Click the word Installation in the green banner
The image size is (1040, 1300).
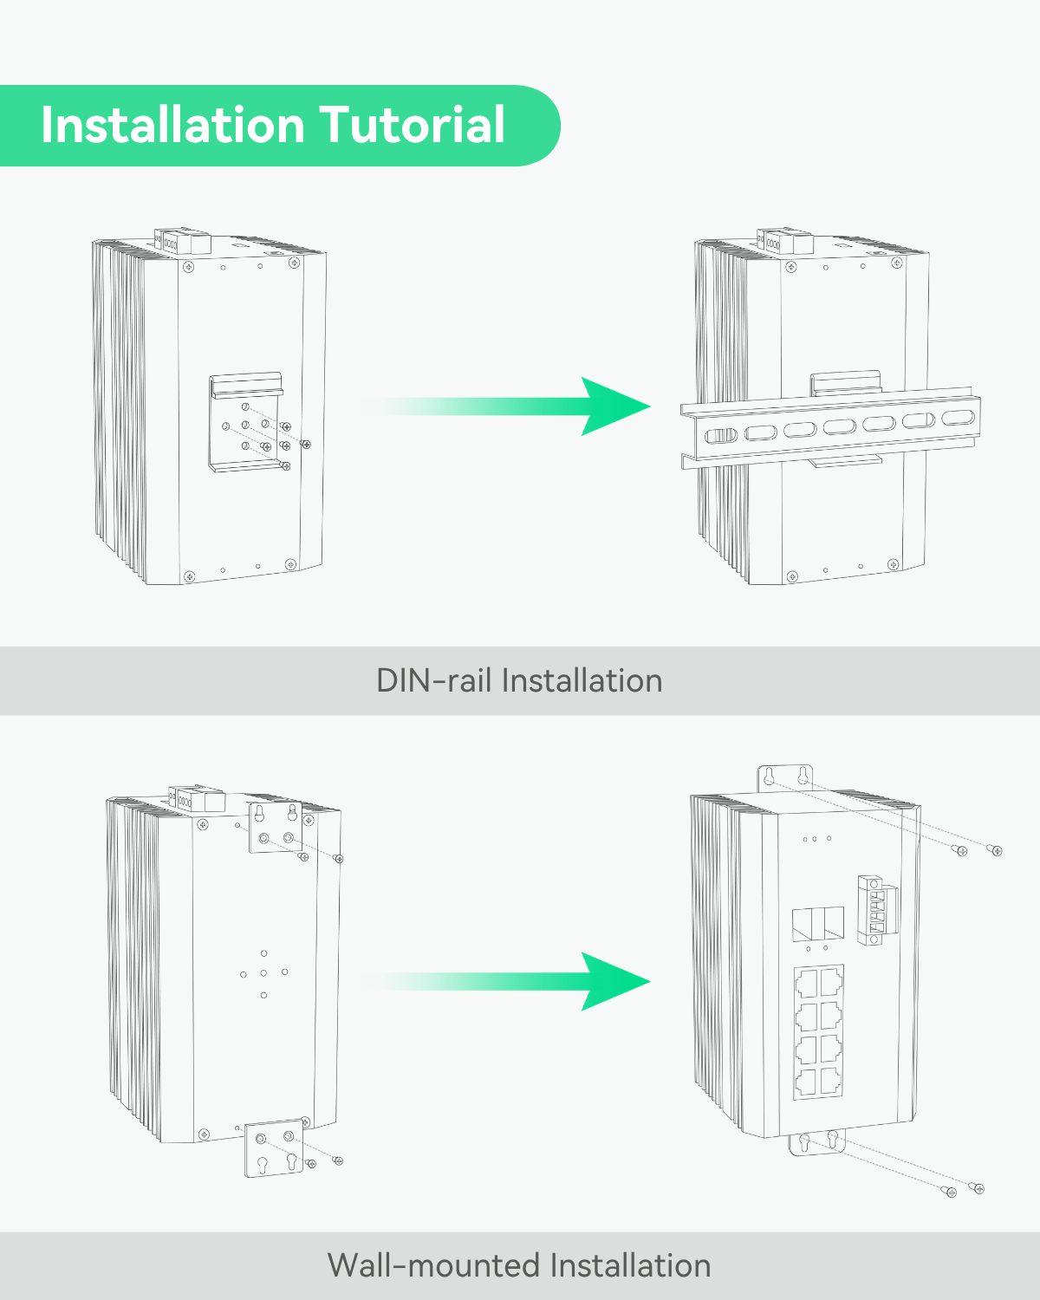[x=173, y=125]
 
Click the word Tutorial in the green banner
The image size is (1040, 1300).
[x=413, y=125]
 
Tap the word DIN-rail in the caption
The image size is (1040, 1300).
[x=434, y=681]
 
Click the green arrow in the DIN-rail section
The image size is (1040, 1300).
[x=520, y=406]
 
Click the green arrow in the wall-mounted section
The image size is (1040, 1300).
[x=520, y=981]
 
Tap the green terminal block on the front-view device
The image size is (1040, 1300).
[x=876, y=910]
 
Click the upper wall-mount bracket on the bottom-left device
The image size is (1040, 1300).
[x=276, y=828]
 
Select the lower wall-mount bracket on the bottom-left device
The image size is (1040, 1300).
[x=275, y=1148]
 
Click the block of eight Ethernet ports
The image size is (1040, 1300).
[x=818, y=1031]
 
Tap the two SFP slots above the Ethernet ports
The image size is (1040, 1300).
[x=818, y=924]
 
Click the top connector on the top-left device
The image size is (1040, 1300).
[x=182, y=242]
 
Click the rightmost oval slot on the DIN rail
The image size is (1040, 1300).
[x=958, y=418]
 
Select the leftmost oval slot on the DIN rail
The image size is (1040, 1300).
[x=720, y=435]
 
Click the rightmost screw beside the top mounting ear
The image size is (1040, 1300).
[x=995, y=850]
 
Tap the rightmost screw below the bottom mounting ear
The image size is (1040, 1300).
[x=978, y=1188]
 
